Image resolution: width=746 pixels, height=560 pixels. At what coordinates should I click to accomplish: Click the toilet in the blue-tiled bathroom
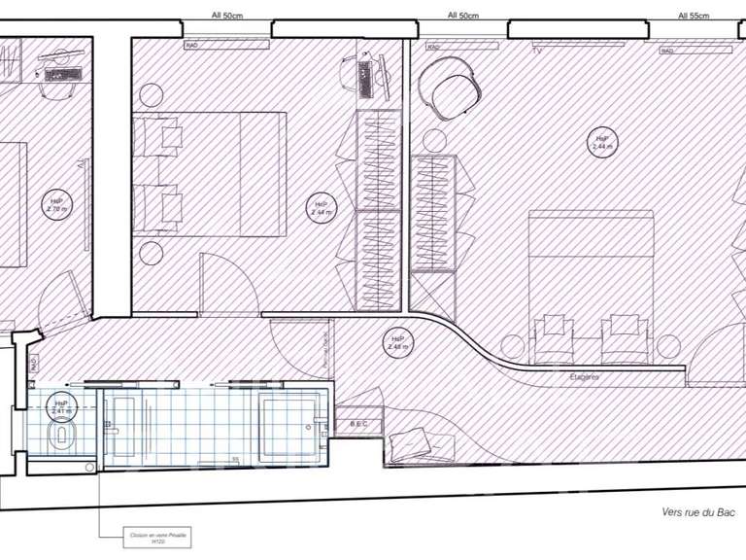click(x=61, y=432)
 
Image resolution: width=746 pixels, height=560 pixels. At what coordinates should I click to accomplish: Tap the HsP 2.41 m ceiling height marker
click(x=61, y=406)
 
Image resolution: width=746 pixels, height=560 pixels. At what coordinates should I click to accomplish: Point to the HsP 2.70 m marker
click(x=55, y=205)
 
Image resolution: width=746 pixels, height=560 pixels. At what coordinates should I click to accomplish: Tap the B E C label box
click(x=358, y=424)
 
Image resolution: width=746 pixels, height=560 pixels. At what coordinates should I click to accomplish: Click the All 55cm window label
click(x=694, y=16)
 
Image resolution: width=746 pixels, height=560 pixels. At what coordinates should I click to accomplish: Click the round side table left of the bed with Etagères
click(x=512, y=344)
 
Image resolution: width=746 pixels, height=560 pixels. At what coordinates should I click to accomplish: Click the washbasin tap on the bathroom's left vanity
click(x=114, y=426)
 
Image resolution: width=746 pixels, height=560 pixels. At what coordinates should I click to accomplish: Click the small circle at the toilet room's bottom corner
click(x=89, y=468)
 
